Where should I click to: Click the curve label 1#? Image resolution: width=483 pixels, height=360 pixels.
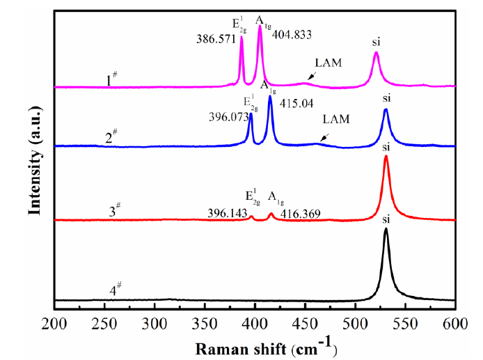click(x=111, y=80)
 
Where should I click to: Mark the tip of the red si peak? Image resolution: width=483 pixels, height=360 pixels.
click(x=386, y=157)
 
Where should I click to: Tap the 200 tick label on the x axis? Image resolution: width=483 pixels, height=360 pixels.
click(x=54, y=322)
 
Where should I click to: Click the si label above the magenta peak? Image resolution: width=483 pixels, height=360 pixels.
click(x=377, y=42)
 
